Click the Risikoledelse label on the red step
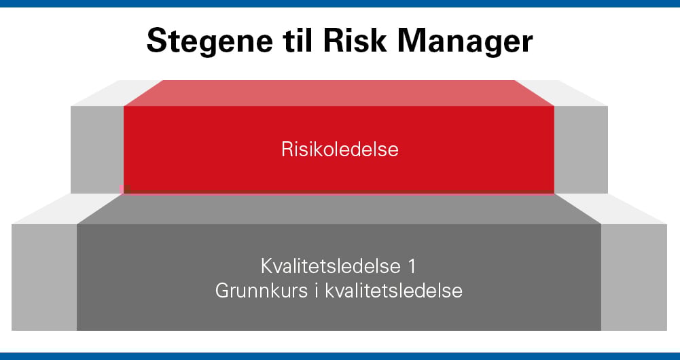tap(340, 149)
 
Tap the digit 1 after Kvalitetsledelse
tap(413, 266)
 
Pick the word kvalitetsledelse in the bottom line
tap(394, 291)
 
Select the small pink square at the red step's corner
tap(122, 188)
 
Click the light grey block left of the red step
tap(97, 149)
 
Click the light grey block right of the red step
tap(581, 149)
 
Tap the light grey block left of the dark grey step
tap(44, 276)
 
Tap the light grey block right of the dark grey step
tap(634, 276)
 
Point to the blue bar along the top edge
tap(340, 3)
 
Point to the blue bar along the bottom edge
tap(340, 356)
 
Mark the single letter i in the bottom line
tap(315, 291)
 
